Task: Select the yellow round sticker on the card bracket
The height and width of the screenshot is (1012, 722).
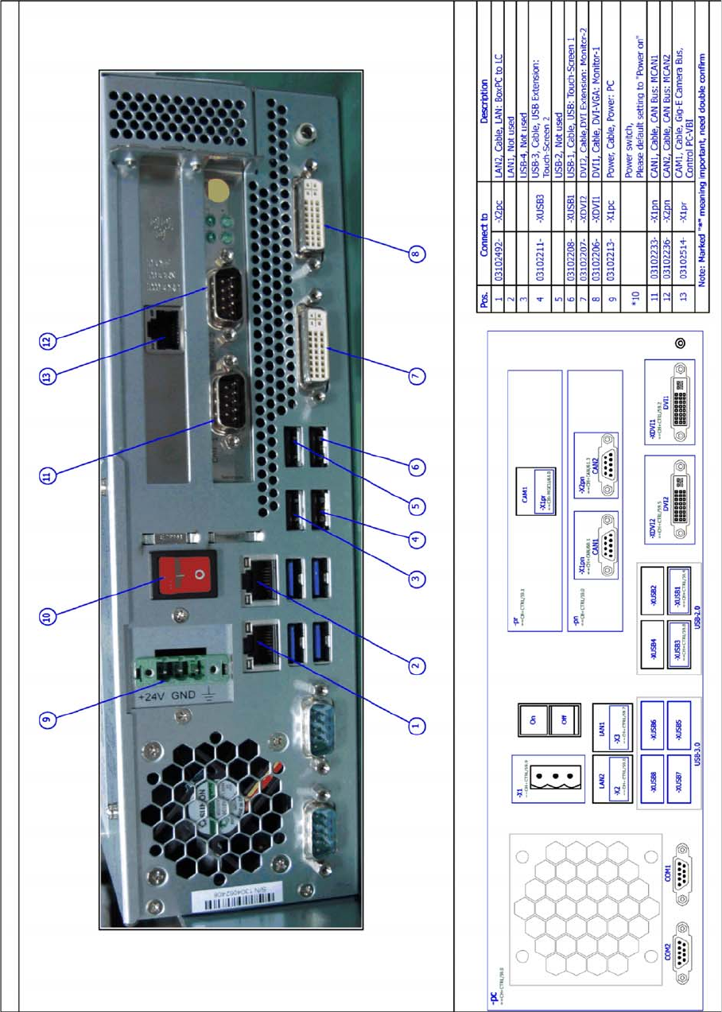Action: coord(214,189)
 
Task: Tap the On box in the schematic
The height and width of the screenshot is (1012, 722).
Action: coord(532,720)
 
